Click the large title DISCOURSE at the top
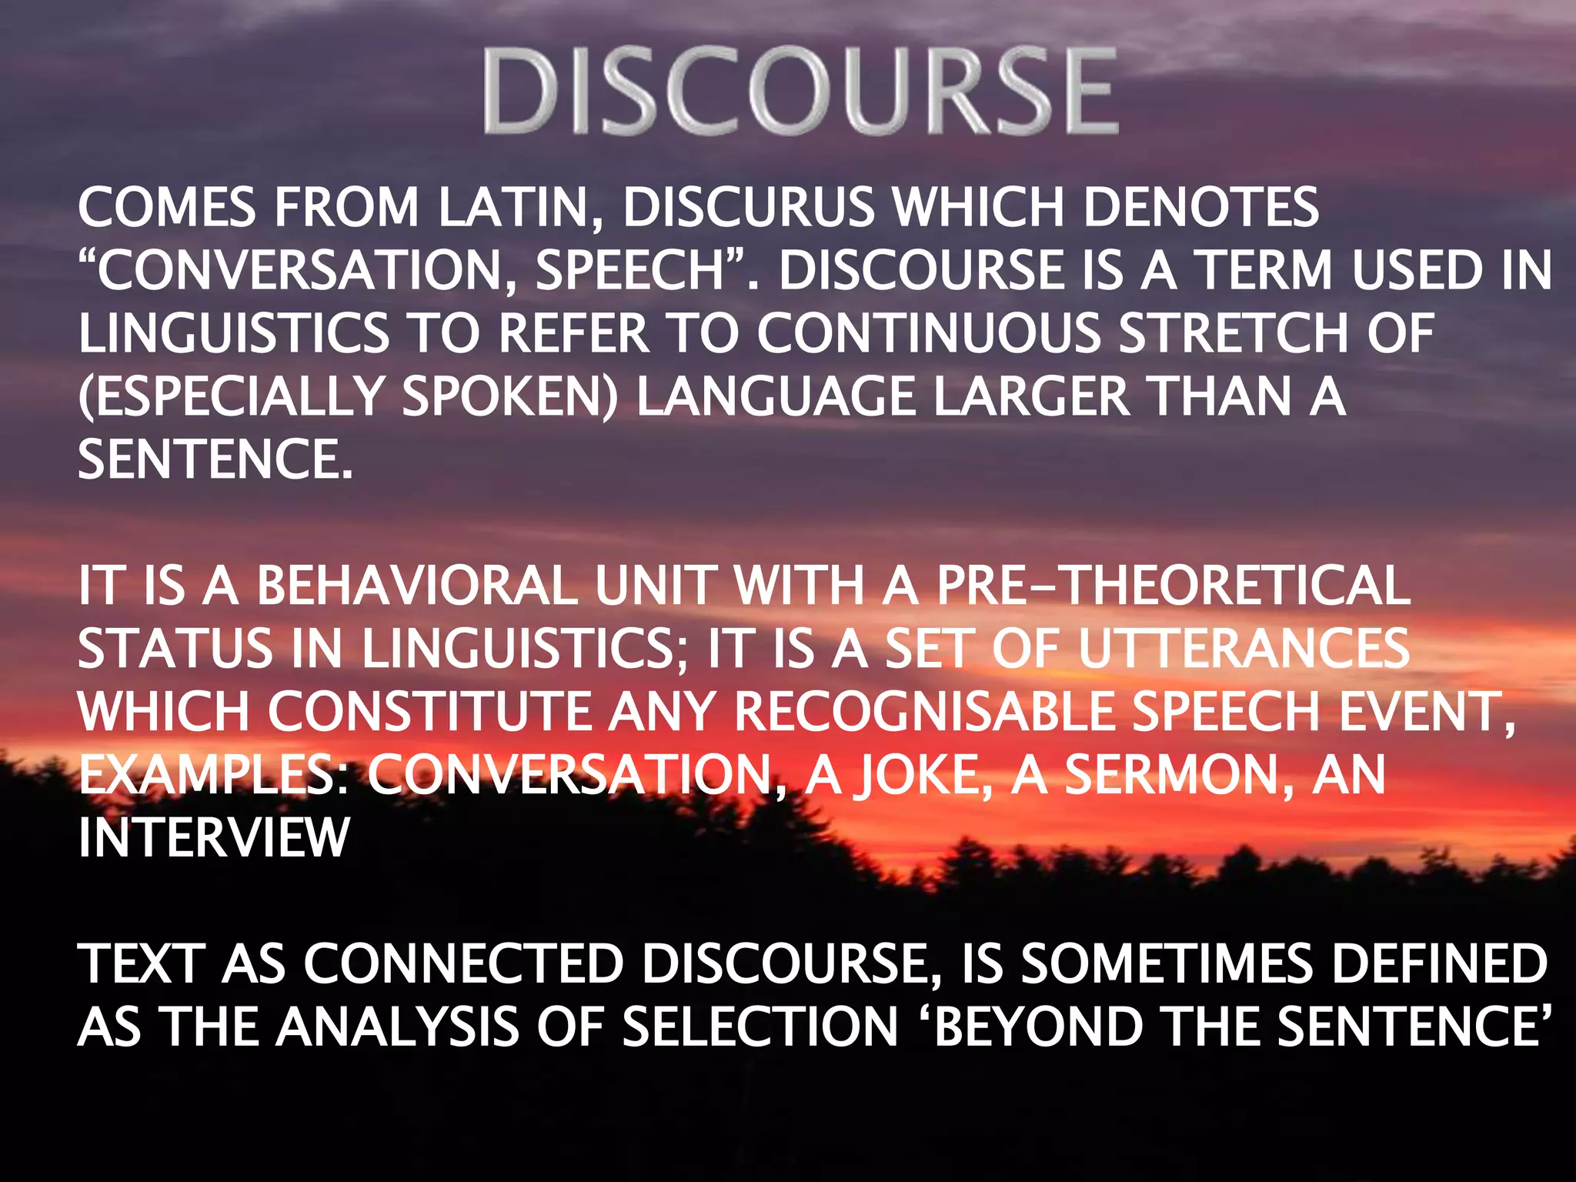pyautogui.click(x=800, y=91)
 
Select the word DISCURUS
pyautogui.click(x=748, y=208)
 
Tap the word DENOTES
pyautogui.click(x=1201, y=208)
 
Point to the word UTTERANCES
pyautogui.click(x=1243, y=649)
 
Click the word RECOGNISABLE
pyautogui.click(x=923, y=712)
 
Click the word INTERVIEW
pyautogui.click(x=214, y=838)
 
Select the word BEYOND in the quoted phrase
pyautogui.click(x=1039, y=1027)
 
